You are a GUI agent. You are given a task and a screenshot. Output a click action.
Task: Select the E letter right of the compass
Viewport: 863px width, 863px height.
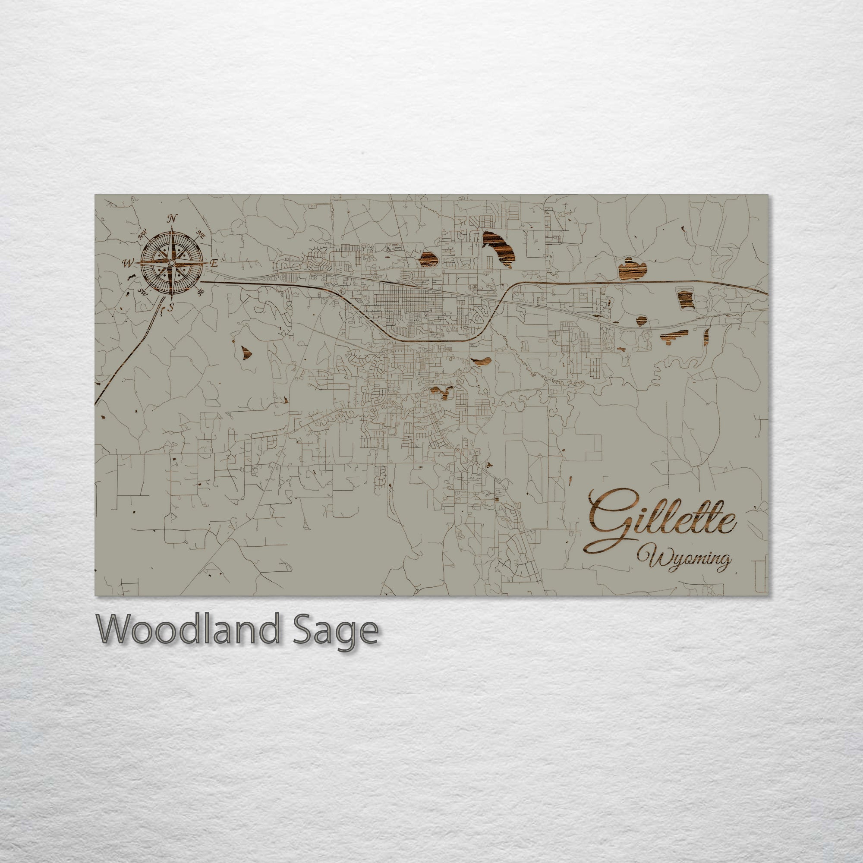pyautogui.click(x=214, y=263)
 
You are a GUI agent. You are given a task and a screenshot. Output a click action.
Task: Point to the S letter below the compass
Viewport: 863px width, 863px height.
pyautogui.click(x=171, y=307)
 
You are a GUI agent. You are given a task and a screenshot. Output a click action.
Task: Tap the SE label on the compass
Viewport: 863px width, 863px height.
pyautogui.click(x=201, y=291)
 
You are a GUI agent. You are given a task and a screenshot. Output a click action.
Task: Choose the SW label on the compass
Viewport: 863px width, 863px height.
pyautogui.click(x=142, y=292)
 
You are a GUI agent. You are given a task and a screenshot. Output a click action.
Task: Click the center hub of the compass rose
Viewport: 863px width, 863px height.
pyautogui.click(x=172, y=264)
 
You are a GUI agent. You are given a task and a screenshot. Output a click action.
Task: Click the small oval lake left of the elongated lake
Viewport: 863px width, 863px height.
pyautogui.click(x=428, y=258)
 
